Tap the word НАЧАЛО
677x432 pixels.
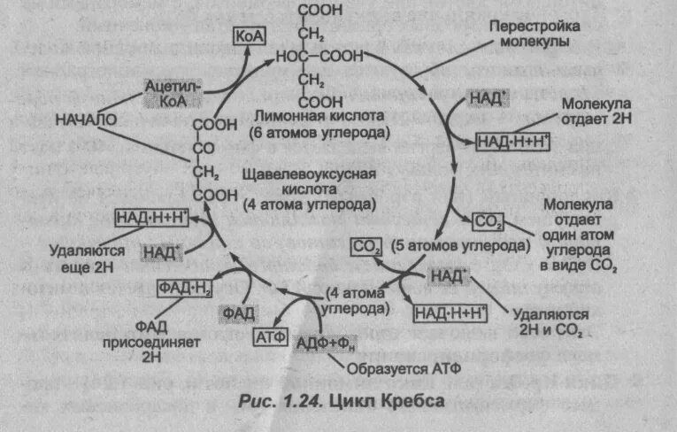[x=86, y=118]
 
